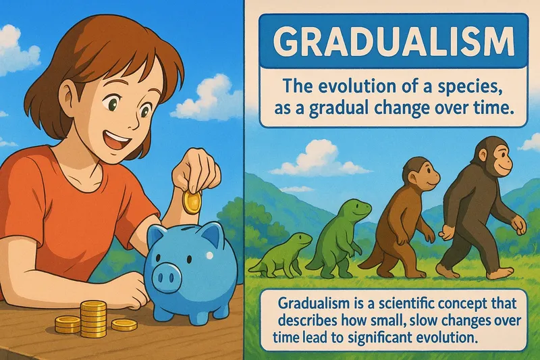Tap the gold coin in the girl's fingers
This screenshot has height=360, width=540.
click(192, 201)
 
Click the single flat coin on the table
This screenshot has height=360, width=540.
click(124, 325)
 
